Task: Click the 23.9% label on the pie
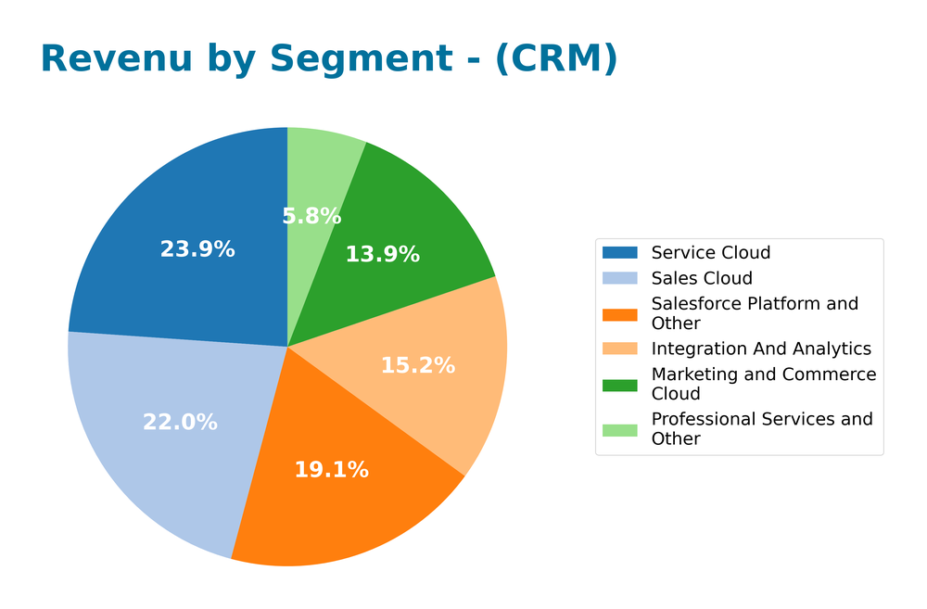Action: coord(197,249)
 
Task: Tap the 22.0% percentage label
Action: coord(180,423)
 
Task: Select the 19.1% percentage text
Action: coord(331,470)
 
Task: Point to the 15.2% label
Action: coord(418,366)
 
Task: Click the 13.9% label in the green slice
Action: coord(382,255)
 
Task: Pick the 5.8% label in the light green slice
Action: coord(311,217)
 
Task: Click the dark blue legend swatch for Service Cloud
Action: coord(620,252)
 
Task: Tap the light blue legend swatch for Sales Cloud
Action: coord(620,278)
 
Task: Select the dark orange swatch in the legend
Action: coord(620,314)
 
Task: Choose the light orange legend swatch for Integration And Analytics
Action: coord(620,349)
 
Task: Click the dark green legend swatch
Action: coord(620,385)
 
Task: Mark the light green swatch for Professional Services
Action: coord(620,429)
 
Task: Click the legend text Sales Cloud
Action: coord(702,278)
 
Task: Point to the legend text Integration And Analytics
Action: coord(761,349)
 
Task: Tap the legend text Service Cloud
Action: coord(711,252)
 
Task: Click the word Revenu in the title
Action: coord(117,59)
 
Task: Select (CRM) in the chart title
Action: coord(555,59)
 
